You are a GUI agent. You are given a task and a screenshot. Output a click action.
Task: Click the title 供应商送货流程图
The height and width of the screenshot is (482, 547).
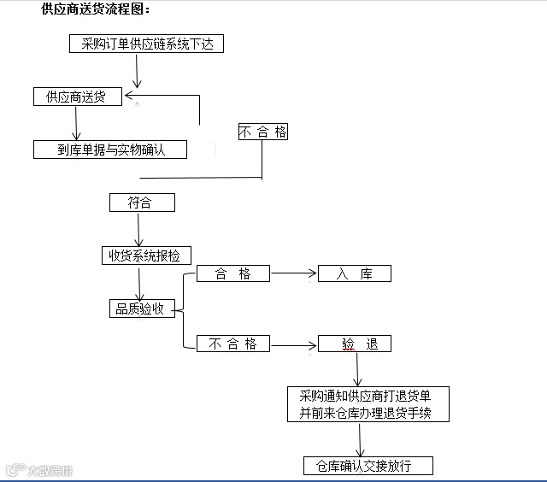point(96,9)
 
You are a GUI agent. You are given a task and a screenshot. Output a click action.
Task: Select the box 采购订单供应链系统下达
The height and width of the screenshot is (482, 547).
point(146,44)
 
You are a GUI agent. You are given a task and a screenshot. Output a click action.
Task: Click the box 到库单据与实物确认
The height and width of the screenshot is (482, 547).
point(110,150)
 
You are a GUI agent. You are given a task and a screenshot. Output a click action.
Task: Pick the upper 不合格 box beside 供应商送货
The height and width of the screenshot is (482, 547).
point(262,132)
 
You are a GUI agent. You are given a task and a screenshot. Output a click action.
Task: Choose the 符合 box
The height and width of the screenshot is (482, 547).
point(142,203)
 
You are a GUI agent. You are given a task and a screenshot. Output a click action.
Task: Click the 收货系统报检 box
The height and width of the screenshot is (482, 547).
point(146,255)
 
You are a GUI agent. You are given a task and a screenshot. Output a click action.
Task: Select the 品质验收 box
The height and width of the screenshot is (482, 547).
point(141,309)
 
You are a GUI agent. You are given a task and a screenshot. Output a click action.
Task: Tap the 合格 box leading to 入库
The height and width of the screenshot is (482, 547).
point(232,273)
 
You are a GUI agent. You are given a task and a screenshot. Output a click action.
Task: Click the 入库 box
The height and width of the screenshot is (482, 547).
point(355,273)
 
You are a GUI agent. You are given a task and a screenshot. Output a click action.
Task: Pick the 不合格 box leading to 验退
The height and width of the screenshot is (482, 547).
point(232,344)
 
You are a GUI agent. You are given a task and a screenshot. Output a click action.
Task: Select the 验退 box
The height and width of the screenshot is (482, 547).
point(355,344)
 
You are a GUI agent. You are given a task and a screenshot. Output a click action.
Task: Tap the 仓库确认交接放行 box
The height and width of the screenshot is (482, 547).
point(368,466)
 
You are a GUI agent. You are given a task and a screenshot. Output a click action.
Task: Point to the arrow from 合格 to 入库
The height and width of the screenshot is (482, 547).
point(293,274)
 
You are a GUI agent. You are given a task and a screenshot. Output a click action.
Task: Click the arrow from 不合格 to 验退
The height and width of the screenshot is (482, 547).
point(293,345)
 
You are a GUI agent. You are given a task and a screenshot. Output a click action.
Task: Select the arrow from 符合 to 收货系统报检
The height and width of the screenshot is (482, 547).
point(138,228)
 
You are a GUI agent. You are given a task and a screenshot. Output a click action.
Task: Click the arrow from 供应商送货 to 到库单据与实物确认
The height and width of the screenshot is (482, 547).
point(76,123)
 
